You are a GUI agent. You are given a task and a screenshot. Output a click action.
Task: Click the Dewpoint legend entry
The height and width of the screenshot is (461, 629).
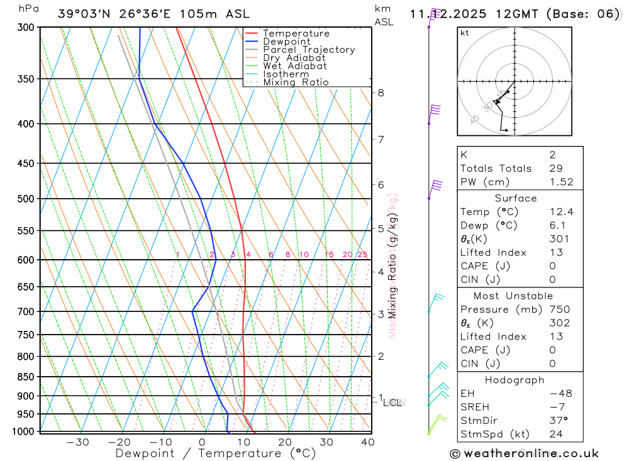click(286, 42)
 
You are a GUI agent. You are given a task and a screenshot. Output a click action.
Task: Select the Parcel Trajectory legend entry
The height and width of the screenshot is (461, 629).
click(309, 50)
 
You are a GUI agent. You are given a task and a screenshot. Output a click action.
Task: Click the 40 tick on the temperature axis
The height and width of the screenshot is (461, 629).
click(368, 442)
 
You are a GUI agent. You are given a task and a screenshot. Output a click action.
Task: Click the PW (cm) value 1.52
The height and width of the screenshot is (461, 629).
click(561, 182)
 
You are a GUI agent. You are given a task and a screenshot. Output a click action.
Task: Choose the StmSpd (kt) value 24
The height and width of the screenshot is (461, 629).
click(555, 434)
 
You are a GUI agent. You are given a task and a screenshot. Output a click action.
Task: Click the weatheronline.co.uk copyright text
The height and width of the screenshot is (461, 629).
click(524, 453)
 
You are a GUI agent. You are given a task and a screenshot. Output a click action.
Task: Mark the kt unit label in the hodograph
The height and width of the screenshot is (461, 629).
click(465, 33)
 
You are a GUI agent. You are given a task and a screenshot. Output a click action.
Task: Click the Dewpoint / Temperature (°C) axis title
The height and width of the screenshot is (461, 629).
click(215, 453)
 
